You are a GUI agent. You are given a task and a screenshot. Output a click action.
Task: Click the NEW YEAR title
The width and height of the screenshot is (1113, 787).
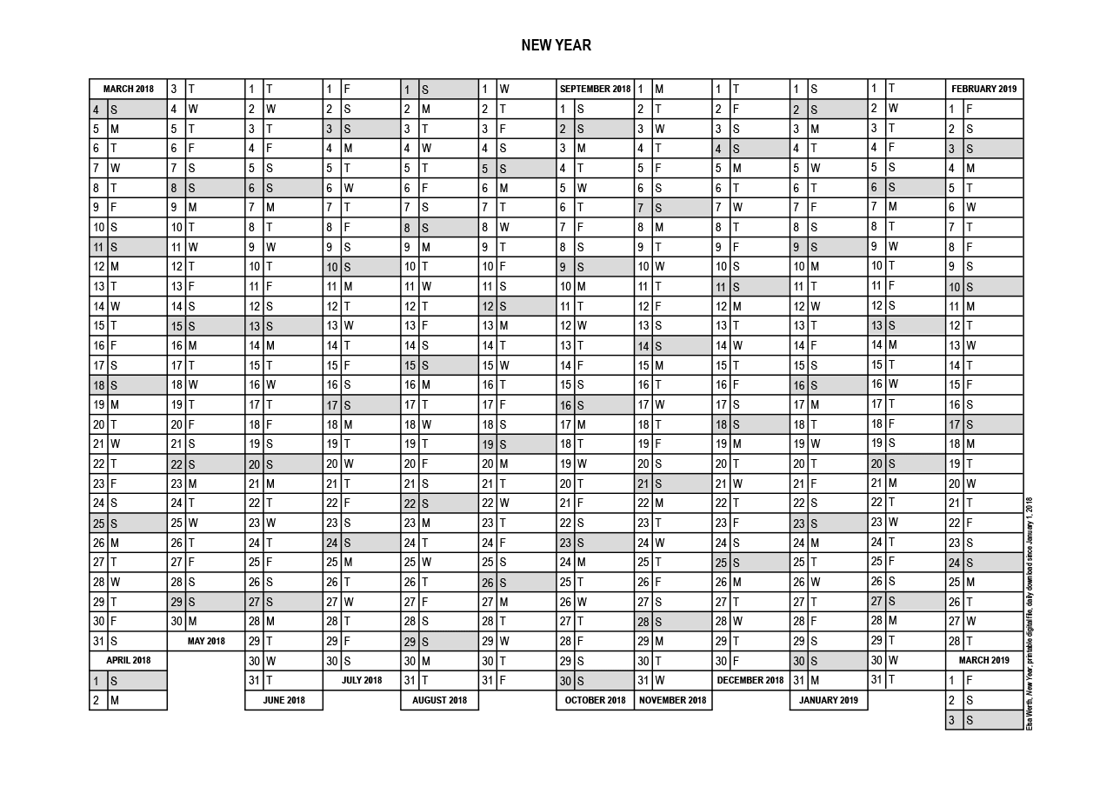click(x=556, y=45)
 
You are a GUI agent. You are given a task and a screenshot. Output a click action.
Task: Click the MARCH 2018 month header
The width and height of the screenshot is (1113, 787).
click(x=128, y=89)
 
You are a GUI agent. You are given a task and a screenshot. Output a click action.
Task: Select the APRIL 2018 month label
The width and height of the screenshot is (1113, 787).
click(x=128, y=661)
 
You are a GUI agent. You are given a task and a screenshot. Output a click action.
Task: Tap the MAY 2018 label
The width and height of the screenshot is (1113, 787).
click(x=206, y=641)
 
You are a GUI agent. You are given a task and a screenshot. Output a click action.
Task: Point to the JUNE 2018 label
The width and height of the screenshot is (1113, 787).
click(x=283, y=700)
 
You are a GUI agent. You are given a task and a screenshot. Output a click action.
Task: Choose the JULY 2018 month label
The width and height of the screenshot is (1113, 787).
click(x=361, y=680)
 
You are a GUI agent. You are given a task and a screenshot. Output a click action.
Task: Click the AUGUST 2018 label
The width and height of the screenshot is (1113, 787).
click(x=439, y=700)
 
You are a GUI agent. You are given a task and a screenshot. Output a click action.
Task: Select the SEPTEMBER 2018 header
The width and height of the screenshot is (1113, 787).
click(x=595, y=89)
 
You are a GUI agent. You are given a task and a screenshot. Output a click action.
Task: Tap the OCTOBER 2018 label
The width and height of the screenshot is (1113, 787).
click(x=595, y=700)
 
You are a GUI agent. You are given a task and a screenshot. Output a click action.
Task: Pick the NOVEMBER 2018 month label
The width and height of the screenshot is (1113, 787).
click(x=672, y=700)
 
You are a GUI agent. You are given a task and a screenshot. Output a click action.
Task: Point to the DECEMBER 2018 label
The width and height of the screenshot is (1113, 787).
click(x=750, y=680)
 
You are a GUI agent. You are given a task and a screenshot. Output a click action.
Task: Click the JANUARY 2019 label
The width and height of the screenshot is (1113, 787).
click(x=828, y=700)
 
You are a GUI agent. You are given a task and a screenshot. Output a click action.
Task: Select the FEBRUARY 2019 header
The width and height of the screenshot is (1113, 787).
click(x=983, y=89)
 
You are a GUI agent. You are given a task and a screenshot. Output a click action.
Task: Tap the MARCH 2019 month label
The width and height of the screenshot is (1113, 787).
click(x=983, y=661)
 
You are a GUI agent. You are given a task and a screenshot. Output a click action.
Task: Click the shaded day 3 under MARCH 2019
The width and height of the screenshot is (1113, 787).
click(x=983, y=720)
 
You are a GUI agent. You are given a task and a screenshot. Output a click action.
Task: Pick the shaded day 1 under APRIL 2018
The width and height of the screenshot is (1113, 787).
click(x=128, y=681)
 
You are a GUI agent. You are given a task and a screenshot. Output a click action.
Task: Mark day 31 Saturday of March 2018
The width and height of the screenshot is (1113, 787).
click(x=128, y=641)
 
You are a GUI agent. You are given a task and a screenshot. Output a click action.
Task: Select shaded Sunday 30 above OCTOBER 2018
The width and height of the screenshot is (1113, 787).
click(x=595, y=681)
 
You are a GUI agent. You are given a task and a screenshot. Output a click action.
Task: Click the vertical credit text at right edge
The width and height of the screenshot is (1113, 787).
click(x=1030, y=613)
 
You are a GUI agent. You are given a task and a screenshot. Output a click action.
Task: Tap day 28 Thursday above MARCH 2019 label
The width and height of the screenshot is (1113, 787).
click(x=983, y=641)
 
